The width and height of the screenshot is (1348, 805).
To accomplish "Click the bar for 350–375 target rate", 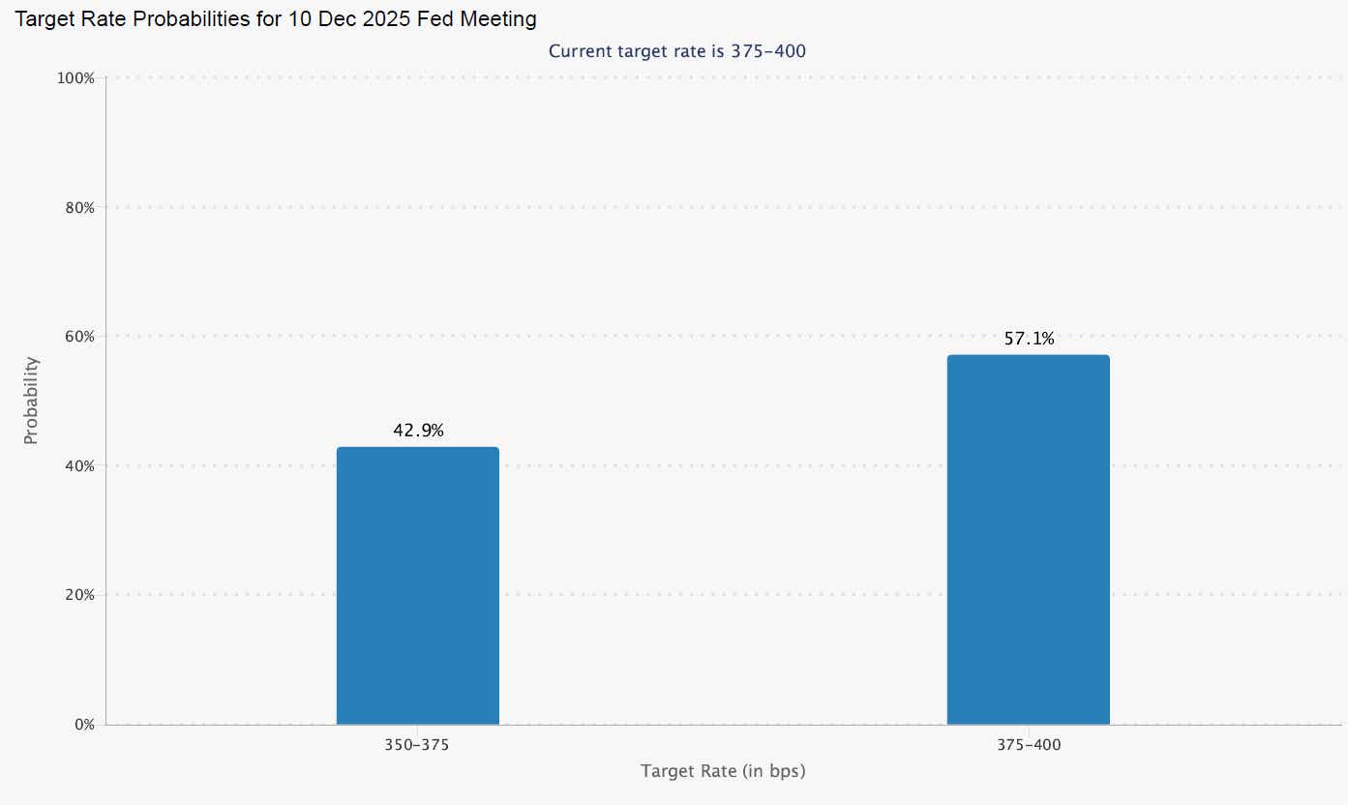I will [418, 585].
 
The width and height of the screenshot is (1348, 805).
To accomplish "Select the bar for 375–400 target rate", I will [1028, 540].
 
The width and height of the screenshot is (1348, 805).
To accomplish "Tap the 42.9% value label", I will [418, 432].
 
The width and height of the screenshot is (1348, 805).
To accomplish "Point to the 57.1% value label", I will [1029, 339].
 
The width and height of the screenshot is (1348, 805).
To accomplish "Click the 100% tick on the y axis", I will [76, 78].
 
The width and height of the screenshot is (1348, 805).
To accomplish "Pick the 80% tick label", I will [78, 207].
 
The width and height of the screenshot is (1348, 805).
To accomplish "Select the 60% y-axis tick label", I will [78, 337].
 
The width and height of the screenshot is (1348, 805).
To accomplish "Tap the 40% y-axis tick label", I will [78, 465].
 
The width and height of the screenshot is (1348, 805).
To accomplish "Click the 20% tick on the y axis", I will [78, 595].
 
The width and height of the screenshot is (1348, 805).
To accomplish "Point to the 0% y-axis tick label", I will [82, 725].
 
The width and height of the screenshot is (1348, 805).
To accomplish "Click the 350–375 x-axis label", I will [418, 746].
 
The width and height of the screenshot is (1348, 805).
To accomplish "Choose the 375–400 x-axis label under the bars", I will [1029, 746].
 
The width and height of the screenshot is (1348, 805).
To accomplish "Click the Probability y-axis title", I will [31, 401].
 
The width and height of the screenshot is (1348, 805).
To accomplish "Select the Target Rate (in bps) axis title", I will [723, 771].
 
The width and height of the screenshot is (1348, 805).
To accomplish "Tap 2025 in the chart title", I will [384, 19].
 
